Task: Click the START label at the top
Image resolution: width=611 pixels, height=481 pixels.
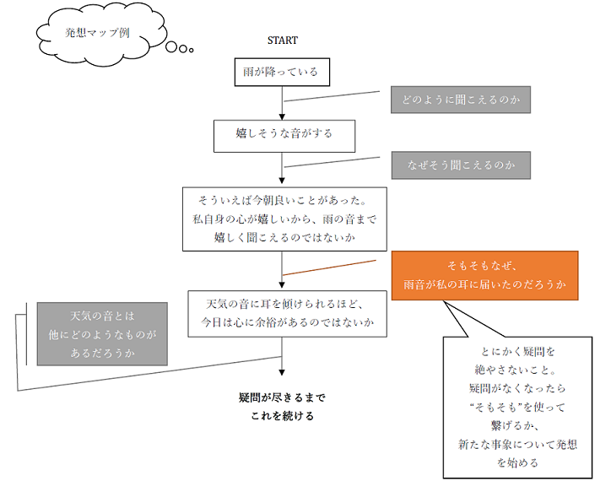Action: (282, 40)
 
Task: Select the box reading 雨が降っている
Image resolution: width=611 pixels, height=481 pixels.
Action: (281, 73)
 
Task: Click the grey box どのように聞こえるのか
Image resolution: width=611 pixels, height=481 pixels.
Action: (460, 100)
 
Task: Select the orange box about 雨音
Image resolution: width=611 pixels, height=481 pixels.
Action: (484, 275)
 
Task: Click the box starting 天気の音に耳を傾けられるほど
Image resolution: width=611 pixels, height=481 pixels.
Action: (287, 313)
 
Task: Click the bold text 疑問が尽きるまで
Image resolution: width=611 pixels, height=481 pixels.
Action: (282, 397)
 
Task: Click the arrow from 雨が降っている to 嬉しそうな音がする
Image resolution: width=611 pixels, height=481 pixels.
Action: (282, 103)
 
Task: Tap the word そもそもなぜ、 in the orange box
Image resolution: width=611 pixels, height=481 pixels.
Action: (484, 265)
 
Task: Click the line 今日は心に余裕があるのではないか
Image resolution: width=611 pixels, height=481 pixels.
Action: (287, 322)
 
